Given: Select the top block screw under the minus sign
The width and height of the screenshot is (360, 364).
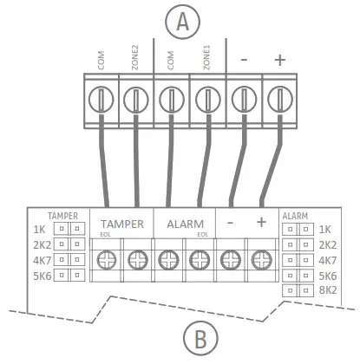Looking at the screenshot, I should (244, 98).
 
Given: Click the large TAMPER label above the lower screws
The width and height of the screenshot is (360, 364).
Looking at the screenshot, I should (121, 223).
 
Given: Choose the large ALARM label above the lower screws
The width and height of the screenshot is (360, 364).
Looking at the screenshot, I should (185, 223).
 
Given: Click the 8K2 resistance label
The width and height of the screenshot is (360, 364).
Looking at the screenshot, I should (326, 291).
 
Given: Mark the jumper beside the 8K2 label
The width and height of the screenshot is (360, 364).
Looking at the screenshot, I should (298, 291).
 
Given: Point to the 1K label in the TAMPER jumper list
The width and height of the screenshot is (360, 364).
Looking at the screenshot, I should (40, 230).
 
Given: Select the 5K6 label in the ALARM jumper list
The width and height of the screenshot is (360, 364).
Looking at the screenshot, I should (326, 276).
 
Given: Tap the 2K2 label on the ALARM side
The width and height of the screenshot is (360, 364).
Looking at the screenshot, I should (326, 244).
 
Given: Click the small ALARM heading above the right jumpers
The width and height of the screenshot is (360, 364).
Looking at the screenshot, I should (296, 214).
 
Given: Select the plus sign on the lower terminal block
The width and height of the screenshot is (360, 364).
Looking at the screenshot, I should (261, 223).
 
